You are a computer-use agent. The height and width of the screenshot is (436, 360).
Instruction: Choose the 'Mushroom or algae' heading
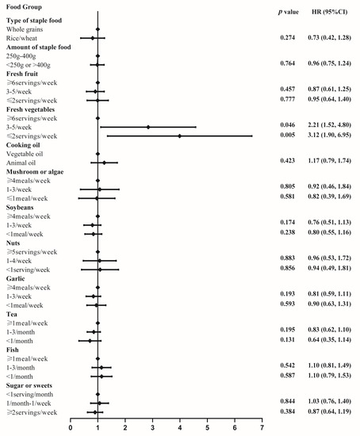[38, 172]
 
